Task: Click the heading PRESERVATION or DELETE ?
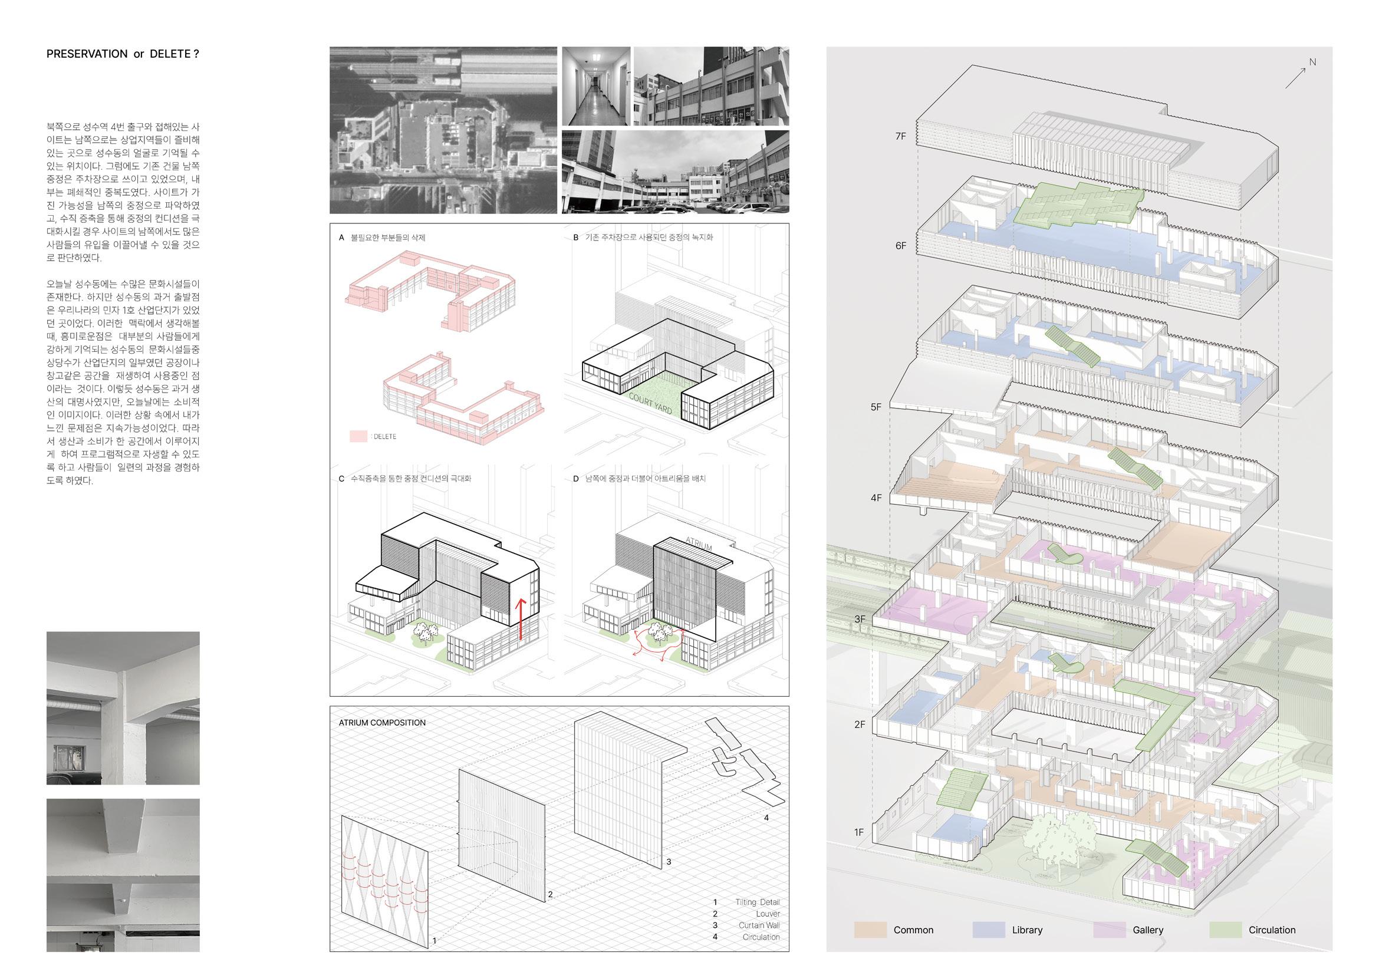coord(123,54)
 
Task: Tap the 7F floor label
coord(900,136)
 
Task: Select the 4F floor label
coord(876,498)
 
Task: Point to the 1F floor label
coord(859,832)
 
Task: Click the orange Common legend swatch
coord(870,930)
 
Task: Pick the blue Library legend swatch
coord(988,930)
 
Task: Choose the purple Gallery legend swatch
coord(1110,930)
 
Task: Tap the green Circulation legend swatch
coord(1225,930)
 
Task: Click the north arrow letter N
coord(1312,62)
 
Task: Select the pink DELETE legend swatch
coord(358,436)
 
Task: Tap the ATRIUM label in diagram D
coord(698,544)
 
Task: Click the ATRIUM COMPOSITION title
coord(382,723)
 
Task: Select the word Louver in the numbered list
coord(768,914)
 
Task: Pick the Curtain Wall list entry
coord(759,925)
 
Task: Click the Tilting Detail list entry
coord(758,902)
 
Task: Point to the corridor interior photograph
coord(596,87)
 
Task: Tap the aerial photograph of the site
coord(443,130)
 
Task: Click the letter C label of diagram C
coord(342,479)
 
